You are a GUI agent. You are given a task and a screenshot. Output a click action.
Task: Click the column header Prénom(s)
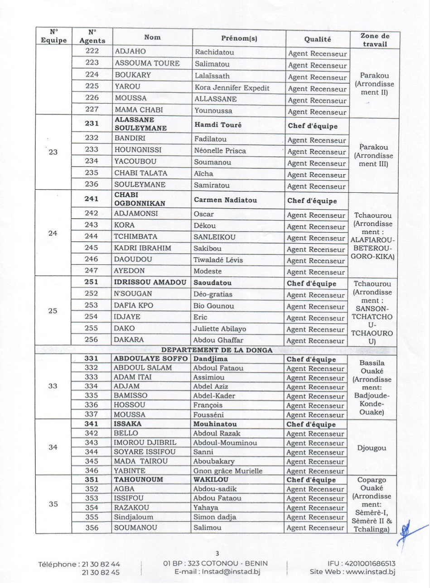tap(239, 38)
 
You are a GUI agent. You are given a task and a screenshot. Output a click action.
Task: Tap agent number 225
tap(92, 86)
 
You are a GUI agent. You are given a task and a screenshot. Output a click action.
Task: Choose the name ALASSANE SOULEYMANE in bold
tap(141, 124)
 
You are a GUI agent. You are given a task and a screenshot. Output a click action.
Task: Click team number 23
tap(53, 152)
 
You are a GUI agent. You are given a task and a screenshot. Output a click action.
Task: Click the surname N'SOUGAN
tap(133, 294)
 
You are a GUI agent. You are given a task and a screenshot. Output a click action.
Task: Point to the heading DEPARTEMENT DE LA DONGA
tap(217, 350)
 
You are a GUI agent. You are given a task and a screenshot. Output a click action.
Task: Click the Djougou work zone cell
tap(372, 448)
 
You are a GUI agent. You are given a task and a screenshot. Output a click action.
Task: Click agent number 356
tap(92, 527)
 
